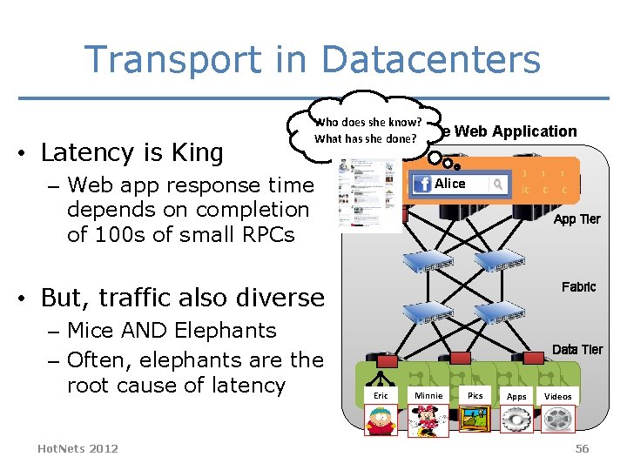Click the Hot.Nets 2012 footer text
pos(78,447)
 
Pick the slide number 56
pos(582,448)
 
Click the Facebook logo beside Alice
pos(422,185)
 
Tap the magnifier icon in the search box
pos(497,185)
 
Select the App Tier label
pos(576,219)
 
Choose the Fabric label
pos(578,286)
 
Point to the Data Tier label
pos(576,349)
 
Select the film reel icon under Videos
pos(557,420)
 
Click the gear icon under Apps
pos(516,420)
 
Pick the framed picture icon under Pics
pos(475,419)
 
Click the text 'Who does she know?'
pos(367,122)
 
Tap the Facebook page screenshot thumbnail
pos(359,196)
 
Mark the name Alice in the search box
pos(450,184)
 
